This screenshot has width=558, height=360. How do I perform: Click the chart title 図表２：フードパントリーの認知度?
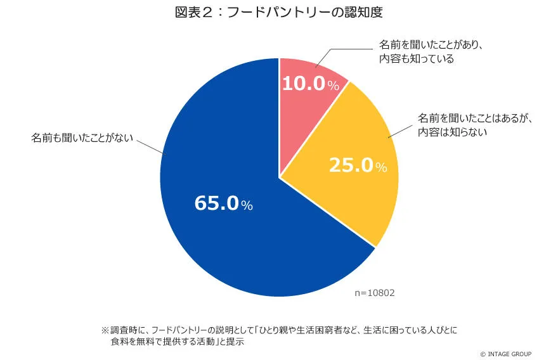pyautogui.click(x=279, y=13)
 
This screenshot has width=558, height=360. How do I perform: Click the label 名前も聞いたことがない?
pyautogui.click(x=82, y=138)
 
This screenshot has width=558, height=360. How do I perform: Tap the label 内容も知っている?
pyautogui.click(x=416, y=59)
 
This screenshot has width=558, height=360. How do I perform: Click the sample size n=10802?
pyautogui.click(x=375, y=293)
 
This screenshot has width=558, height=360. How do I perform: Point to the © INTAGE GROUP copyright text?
pyautogui.click(x=505, y=354)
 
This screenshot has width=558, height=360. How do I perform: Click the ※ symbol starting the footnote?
pyautogui.click(x=105, y=330)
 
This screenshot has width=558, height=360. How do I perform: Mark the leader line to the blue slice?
pyautogui.click(x=150, y=145)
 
